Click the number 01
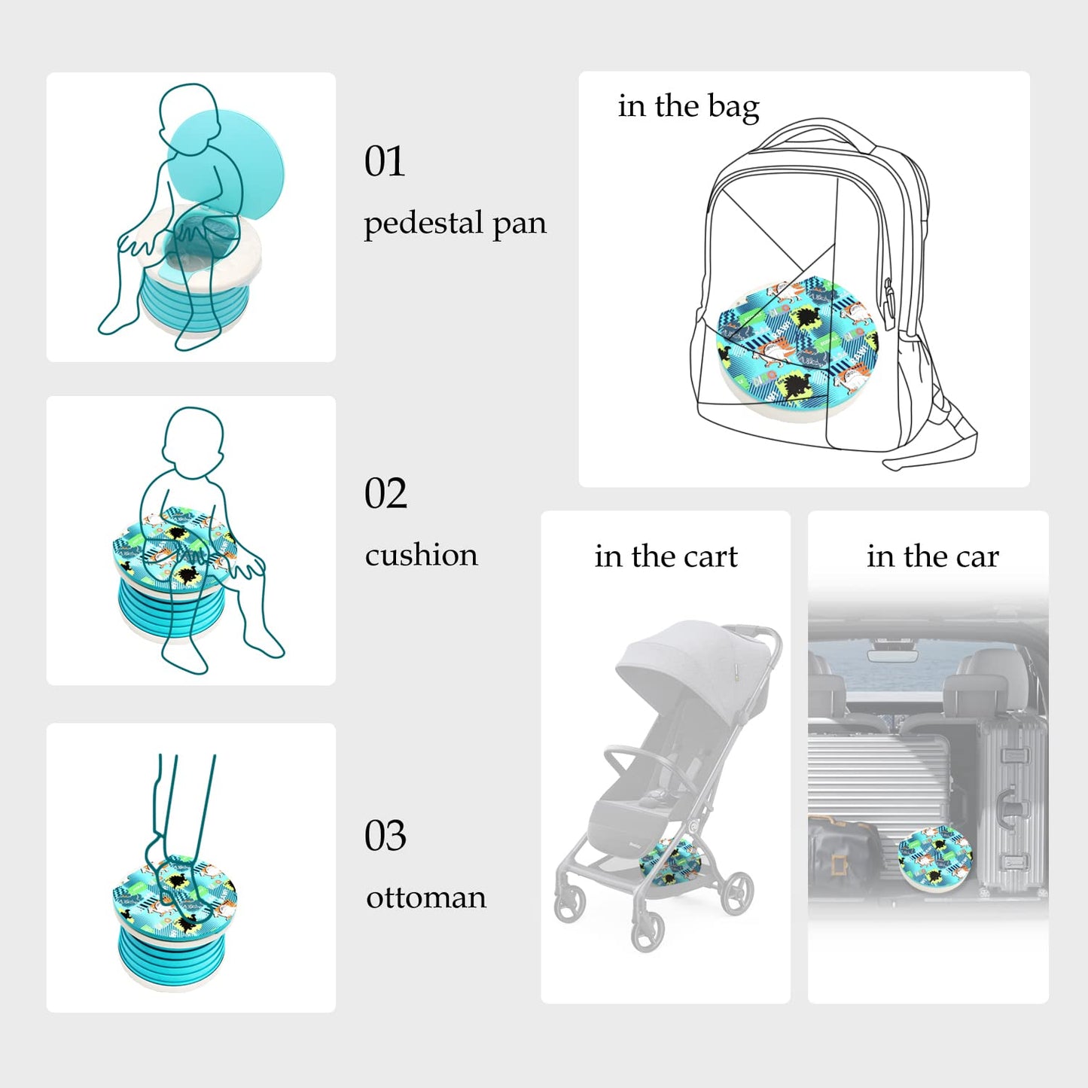pos(384,161)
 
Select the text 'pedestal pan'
pos(455,224)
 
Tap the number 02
pos(386,494)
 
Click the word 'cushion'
pos(421,556)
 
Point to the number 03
pos(386,836)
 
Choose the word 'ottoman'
pos(426,898)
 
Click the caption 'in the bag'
pos(688,106)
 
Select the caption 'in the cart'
pos(666,556)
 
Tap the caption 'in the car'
pos(932,556)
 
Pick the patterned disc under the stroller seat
pos(669,863)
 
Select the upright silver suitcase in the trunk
pos(1011,806)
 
